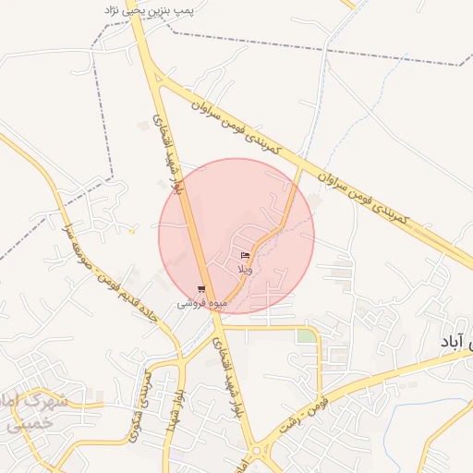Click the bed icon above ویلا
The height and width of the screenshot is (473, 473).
[x=245, y=255]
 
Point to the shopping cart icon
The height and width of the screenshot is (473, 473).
[x=201, y=289]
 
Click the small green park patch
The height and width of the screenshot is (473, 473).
[x=305, y=336]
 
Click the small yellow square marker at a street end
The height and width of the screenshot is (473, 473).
[x=133, y=231]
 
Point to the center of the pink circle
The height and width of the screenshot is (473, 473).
[x=236, y=236]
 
